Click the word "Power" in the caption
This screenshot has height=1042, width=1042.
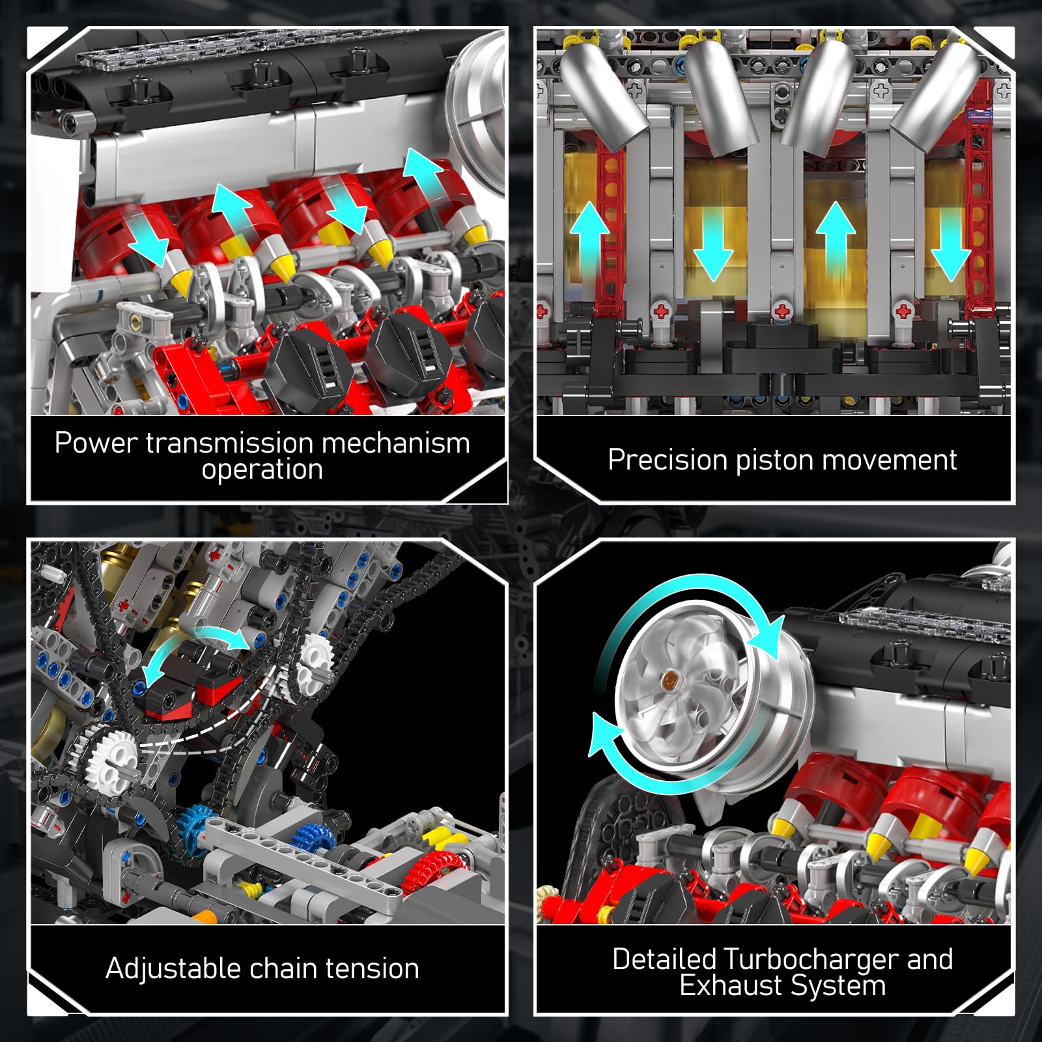96,443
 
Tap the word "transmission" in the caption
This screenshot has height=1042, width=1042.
229,443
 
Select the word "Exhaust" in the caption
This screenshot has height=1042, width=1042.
727,986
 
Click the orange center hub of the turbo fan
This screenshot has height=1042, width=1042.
668,681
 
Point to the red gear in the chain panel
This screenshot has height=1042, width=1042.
433,869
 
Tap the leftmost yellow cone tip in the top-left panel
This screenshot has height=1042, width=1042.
180,280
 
